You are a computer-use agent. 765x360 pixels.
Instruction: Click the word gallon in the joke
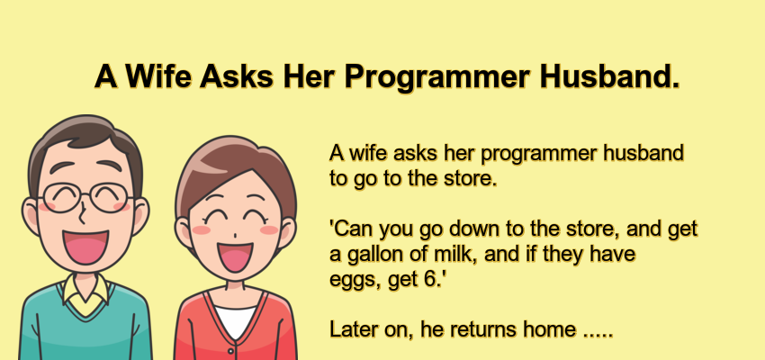tap(372, 255)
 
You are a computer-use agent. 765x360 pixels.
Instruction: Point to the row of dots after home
tap(598, 333)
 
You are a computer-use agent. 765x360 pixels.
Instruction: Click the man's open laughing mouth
tap(85, 245)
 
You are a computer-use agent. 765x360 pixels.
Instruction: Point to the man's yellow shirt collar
tap(85, 295)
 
